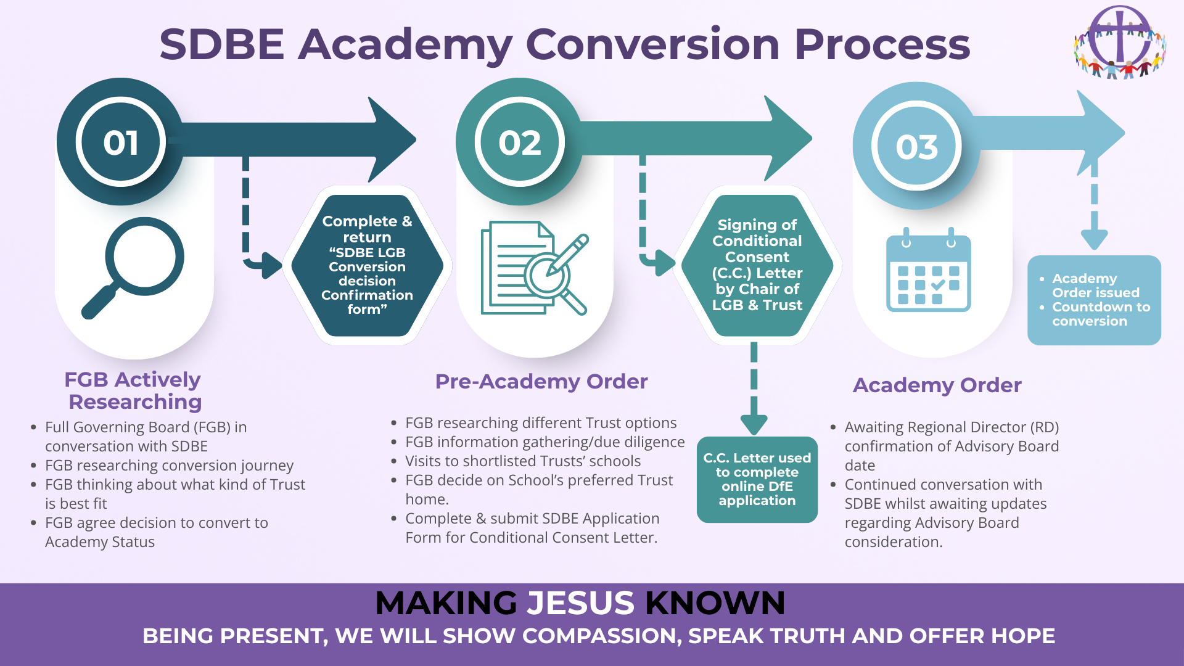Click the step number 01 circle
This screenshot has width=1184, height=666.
tap(121, 142)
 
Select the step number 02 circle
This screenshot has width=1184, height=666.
tap(520, 142)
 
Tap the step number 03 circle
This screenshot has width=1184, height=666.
tap(916, 146)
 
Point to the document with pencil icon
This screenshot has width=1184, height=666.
tap(533, 268)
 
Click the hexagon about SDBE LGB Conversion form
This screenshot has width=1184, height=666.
tap(367, 265)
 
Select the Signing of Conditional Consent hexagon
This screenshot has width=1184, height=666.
tap(757, 265)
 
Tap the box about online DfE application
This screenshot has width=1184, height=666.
tap(757, 479)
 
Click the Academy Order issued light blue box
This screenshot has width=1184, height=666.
tap(1094, 300)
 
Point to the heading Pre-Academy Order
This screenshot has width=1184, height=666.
tap(541, 382)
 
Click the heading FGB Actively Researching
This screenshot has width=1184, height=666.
tap(134, 390)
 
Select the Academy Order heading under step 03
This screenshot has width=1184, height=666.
tap(937, 385)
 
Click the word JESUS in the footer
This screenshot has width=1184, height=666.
tap(580, 602)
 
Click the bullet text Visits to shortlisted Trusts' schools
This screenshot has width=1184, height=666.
tap(522, 461)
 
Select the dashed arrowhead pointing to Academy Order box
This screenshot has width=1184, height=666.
tap(1094, 239)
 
